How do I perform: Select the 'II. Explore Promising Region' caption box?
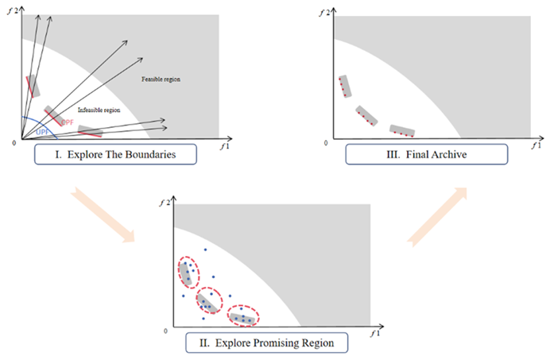pyautogui.click(x=267, y=344)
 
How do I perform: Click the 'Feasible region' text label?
pyautogui.click(x=159, y=79)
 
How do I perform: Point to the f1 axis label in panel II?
pyautogui.click(x=375, y=335)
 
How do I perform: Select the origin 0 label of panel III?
pyautogui.click(x=325, y=143)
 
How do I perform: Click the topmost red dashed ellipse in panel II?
pyautogui.click(x=188, y=273)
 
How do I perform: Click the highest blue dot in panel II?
pyautogui.click(x=205, y=250)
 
